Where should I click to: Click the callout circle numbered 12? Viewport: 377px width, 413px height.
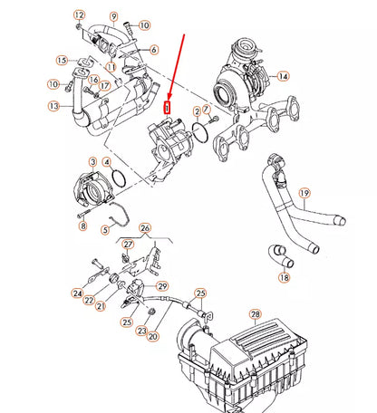tap(79, 15)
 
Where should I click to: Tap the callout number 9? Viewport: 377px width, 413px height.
tap(112, 17)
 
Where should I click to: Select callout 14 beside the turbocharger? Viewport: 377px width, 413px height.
tap(283, 76)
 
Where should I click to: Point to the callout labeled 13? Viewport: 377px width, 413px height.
tap(54, 106)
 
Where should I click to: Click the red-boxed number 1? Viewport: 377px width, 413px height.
tap(167, 109)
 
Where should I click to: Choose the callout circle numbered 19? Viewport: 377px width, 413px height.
tap(304, 194)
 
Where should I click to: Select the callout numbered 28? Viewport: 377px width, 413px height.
tap(255, 314)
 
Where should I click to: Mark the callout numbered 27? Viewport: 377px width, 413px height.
tap(128, 245)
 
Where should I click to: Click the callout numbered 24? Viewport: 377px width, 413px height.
tap(78, 293)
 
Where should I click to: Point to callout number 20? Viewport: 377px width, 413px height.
tap(153, 336)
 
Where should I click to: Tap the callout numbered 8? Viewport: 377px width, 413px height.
tap(82, 226)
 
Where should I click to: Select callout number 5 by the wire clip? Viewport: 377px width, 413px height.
tap(104, 230)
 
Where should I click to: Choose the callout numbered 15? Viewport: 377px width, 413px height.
tap(62, 61)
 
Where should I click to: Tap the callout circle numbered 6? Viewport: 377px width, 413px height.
tap(153, 49)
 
